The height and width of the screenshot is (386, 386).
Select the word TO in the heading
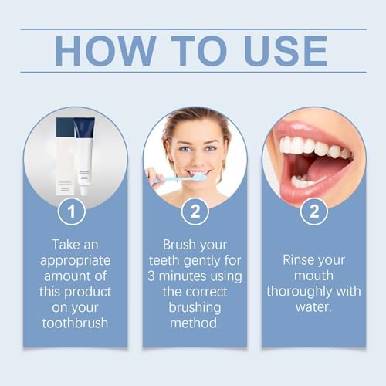click(x=188, y=51)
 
